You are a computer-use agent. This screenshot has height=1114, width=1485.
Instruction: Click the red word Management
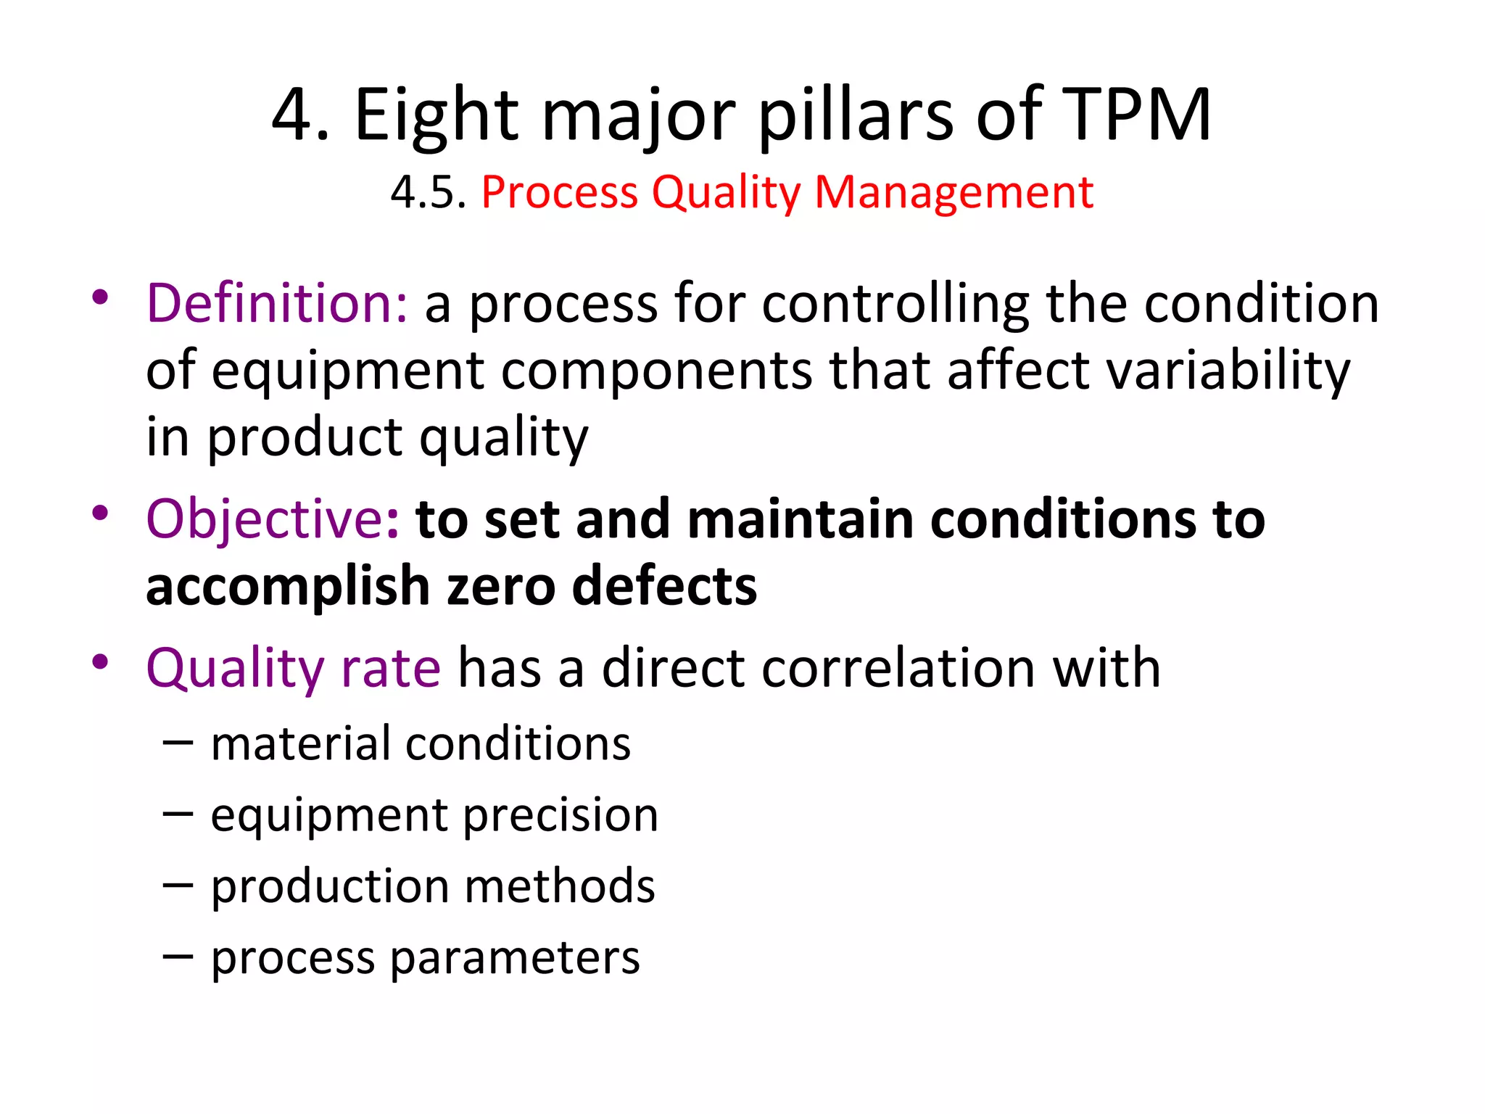click(954, 193)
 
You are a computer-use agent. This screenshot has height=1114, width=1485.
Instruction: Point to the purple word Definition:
click(277, 303)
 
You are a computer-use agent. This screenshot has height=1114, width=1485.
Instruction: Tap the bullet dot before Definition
click(100, 297)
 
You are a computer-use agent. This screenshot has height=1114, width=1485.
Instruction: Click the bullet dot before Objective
click(100, 513)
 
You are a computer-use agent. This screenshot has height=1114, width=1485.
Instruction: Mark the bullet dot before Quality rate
click(100, 662)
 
